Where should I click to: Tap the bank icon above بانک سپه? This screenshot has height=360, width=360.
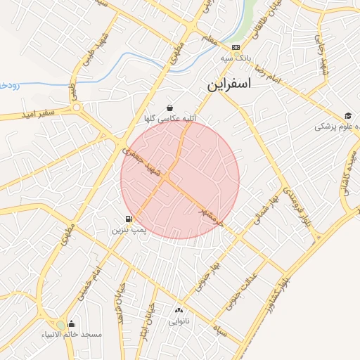click(x=236, y=48)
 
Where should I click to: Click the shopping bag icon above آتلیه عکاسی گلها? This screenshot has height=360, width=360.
click(x=170, y=108)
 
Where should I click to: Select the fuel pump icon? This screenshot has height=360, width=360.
click(x=129, y=219)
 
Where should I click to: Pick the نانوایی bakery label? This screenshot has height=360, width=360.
click(x=178, y=321)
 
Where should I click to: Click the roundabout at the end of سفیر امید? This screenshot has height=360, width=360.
click(x=76, y=108)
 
